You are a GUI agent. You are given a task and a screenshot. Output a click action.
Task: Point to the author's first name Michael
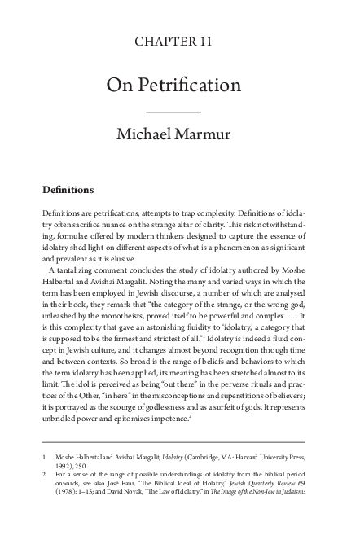[151, 134]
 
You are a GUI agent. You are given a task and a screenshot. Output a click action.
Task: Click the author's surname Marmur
[211, 134]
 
